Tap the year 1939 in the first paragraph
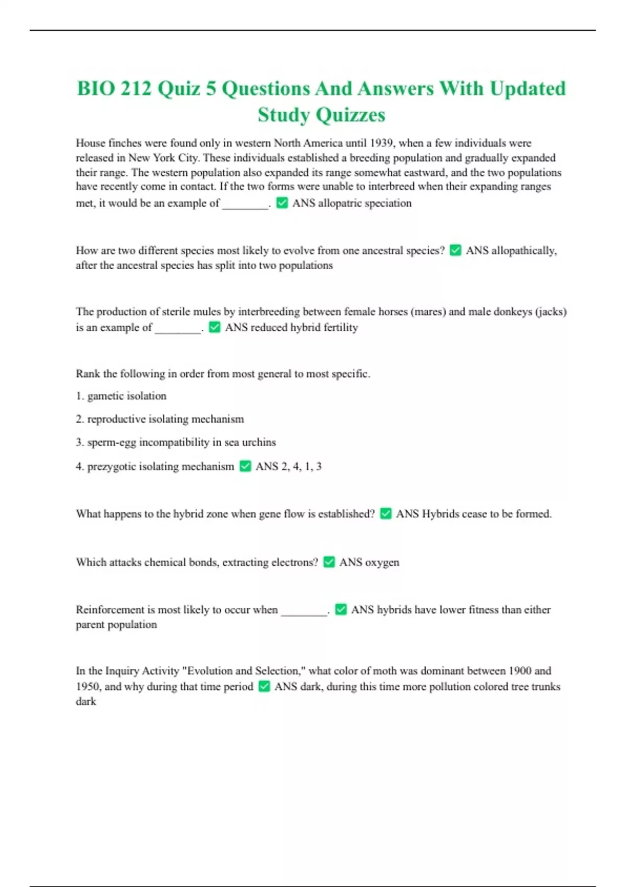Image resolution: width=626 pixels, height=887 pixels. pos(381,143)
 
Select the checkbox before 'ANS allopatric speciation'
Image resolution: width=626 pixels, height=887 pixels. pos(282,203)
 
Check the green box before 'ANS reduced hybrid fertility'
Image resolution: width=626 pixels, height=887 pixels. pos(214,327)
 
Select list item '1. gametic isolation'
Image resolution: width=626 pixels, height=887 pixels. pos(121,396)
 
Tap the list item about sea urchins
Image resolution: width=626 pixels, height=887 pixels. pos(176,442)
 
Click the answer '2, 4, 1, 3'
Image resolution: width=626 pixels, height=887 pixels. pos(302,466)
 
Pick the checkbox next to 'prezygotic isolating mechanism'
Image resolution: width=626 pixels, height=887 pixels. pos(245,466)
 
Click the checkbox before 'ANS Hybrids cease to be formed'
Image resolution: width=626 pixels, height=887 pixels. pos(386,513)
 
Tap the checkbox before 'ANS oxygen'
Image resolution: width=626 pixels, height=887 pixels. pos(329,562)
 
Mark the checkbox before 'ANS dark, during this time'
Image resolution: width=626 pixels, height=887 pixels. pos(264,686)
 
